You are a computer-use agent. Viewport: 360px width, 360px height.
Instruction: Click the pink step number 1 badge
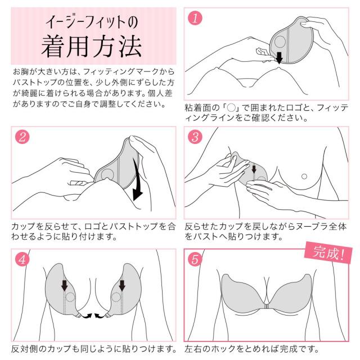[195, 18]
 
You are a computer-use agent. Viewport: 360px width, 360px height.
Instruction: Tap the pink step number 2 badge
[22, 137]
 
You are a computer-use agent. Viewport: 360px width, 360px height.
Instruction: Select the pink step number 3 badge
[195, 137]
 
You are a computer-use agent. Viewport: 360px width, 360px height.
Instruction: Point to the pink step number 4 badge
[22, 260]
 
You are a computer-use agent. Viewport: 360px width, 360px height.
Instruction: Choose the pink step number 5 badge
[195, 260]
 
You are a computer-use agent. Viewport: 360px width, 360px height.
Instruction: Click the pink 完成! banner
[328, 253]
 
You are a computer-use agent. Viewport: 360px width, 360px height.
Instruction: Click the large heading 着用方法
[91, 47]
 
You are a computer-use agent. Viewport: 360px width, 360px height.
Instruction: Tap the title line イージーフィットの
[92, 22]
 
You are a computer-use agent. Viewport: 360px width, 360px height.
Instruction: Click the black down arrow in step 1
[279, 58]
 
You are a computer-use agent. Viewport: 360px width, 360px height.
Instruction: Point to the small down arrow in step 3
[254, 169]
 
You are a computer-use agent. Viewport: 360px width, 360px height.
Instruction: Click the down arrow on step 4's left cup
[65, 285]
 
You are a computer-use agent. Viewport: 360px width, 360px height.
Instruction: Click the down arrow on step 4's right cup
[122, 285]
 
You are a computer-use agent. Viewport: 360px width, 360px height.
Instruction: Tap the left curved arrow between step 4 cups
[88, 316]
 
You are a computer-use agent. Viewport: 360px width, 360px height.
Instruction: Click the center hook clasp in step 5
[266, 307]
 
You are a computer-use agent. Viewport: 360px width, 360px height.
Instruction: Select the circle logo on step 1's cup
[280, 42]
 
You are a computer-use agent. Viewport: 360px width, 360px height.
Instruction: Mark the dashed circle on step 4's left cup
[70, 297]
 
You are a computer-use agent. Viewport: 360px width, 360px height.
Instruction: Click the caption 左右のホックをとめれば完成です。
[252, 349]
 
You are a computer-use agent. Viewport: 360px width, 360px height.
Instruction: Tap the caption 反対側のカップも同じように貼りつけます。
[94, 349]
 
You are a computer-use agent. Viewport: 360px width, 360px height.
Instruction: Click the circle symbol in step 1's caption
[231, 107]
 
